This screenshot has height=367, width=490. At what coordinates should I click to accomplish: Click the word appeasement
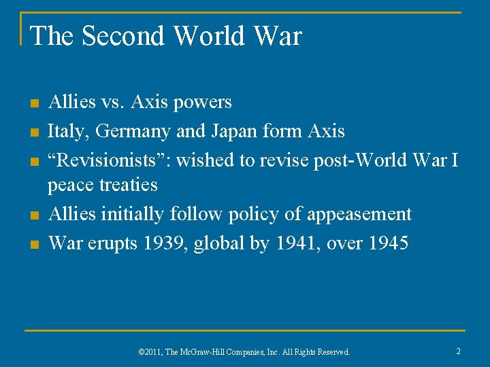(359, 214)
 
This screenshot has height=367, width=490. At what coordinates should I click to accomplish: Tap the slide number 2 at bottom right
(458, 351)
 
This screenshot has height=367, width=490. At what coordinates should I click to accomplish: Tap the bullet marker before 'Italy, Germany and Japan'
(34, 132)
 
